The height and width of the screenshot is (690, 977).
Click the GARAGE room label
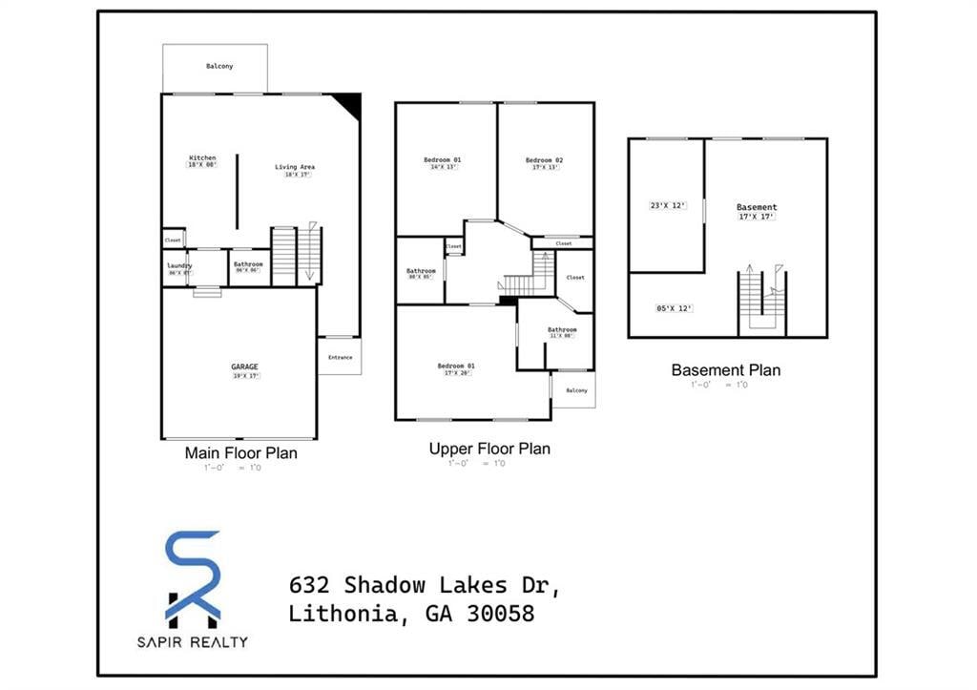click(x=244, y=366)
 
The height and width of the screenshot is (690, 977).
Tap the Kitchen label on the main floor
click(x=202, y=157)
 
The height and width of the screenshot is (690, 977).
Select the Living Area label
click(x=295, y=167)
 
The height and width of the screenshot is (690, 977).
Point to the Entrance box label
click(x=340, y=357)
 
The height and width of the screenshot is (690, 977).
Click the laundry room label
click(x=179, y=265)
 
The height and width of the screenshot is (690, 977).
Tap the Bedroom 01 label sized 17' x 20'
click(x=456, y=366)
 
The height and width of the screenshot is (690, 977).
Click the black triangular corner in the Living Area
click(x=350, y=103)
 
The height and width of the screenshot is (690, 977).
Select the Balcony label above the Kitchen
click(x=219, y=66)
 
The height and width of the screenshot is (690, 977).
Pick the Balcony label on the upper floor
click(x=576, y=390)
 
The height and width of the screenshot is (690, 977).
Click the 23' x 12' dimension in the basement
click(x=668, y=205)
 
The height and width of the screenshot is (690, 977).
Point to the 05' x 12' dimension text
click(x=674, y=308)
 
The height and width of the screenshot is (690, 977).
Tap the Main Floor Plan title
click(x=240, y=453)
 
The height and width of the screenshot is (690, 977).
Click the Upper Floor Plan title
click(x=489, y=449)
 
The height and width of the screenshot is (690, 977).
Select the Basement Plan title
click(x=725, y=370)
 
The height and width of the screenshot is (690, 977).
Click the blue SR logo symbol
click(x=194, y=576)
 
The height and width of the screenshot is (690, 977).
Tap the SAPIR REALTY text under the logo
click(x=193, y=642)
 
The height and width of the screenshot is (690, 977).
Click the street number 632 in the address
click(x=311, y=584)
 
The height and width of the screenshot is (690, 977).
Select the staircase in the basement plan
click(x=761, y=303)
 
